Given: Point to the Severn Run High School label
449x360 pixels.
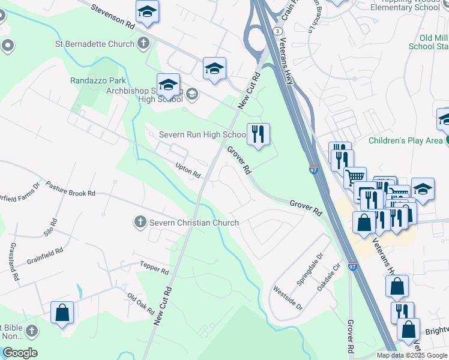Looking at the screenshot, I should click(x=202, y=135).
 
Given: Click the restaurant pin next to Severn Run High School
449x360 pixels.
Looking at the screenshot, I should click(x=259, y=136).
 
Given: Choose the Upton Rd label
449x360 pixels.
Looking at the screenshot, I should click(x=187, y=171).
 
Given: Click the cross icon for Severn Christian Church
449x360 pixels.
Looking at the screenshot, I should click(x=139, y=223).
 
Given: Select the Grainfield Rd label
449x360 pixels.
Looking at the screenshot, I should click(x=45, y=257).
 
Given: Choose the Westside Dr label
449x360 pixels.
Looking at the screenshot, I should click(x=288, y=298).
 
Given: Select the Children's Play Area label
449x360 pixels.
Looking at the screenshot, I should click(x=406, y=142).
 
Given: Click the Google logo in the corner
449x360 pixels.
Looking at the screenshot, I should click(x=19, y=353).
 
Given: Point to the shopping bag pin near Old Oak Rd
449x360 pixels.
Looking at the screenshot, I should click(x=62, y=313).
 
